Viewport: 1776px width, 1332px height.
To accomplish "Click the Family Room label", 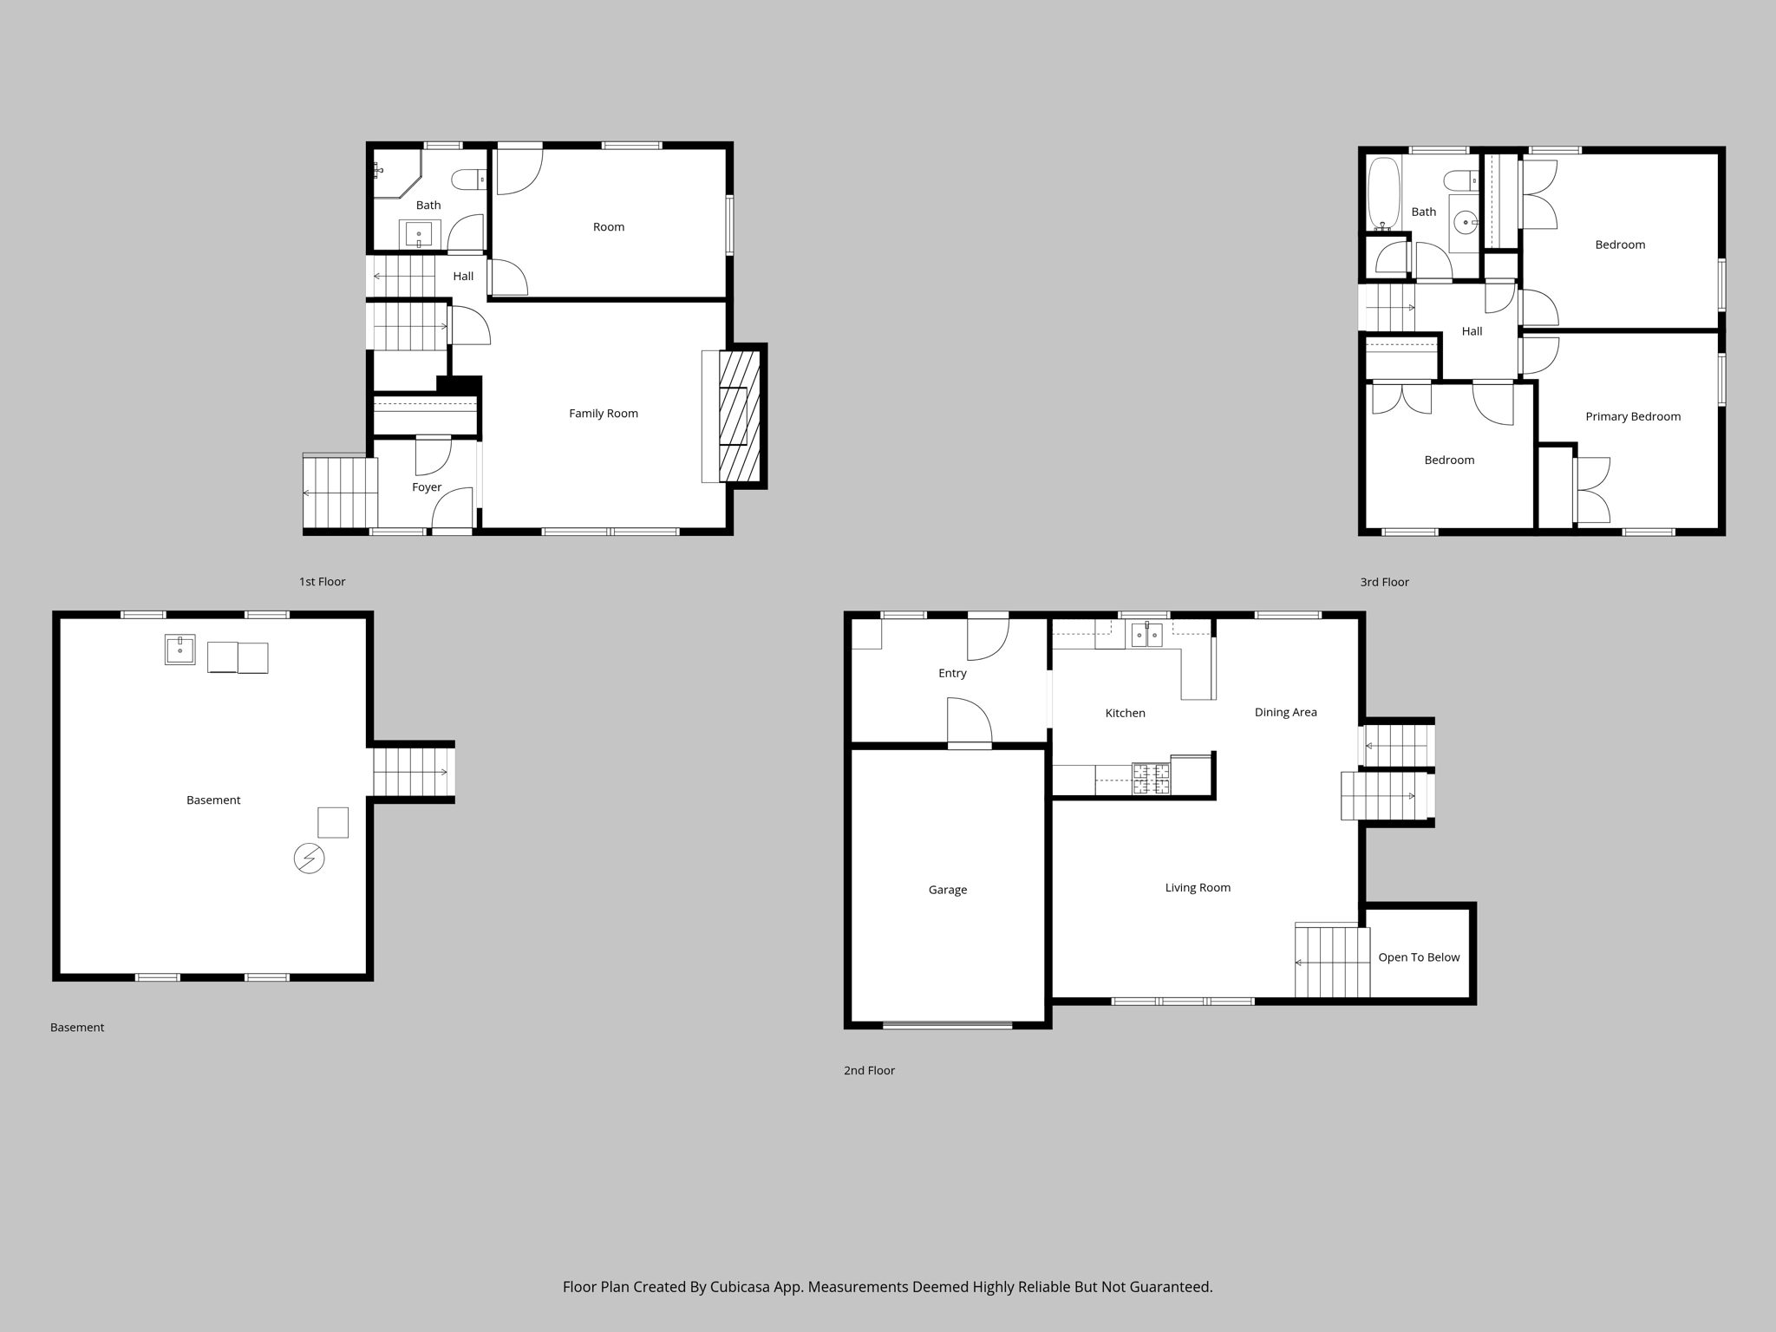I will coord(603,414).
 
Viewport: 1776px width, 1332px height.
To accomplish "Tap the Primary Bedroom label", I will coord(1633,416).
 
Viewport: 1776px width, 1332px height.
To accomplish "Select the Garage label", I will coord(947,890).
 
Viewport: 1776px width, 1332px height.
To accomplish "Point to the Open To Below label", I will coord(1419,957).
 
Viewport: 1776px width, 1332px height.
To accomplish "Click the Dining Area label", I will coord(1285,712).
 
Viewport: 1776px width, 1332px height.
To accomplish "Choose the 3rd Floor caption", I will coord(1384,582).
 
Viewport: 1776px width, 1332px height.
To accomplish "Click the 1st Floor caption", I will coord(322,582).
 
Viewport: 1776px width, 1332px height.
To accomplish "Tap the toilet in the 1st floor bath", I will coord(468,180).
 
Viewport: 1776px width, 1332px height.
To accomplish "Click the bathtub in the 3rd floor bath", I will coord(1383,193).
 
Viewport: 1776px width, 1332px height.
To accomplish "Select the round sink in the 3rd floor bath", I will coord(1466,223).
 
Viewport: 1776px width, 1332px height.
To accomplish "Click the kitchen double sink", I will coord(1146,635).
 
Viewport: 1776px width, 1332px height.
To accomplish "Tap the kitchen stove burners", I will coord(1151,779).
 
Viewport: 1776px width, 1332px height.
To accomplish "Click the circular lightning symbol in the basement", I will coord(309,859).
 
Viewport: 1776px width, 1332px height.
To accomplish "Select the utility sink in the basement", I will coord(180,650).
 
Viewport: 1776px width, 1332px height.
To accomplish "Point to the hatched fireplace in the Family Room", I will coord(739,415).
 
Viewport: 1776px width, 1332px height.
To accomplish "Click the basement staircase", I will coord(413,772).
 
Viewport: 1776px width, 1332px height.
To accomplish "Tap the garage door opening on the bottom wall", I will coord(947,1025).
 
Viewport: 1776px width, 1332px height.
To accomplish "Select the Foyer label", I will coord(427,487).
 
